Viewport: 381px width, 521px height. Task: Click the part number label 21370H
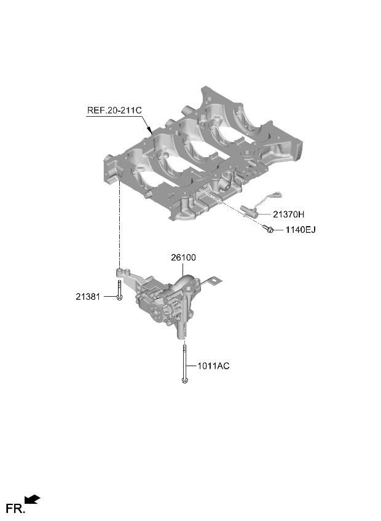[288, 214]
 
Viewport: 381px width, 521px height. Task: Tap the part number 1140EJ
[300, 230]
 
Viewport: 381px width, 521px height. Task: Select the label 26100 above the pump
[184, 257]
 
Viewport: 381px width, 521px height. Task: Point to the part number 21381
[88, 297]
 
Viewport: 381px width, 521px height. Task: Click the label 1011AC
[213, 366]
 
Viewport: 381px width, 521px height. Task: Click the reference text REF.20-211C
[114, 111]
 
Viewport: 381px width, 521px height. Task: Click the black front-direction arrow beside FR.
[33, 499]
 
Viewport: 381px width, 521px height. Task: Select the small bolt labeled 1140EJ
[268, 229]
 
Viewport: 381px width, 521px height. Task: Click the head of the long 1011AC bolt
[184, 380]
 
